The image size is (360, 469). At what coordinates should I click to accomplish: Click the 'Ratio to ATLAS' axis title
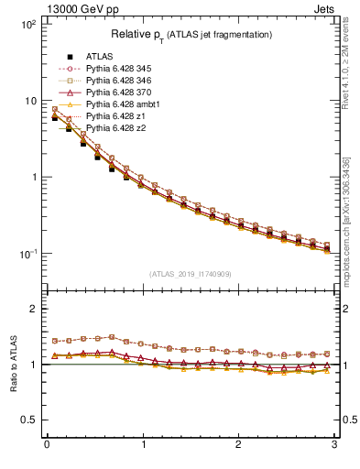13,364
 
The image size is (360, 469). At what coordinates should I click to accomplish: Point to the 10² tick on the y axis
27,25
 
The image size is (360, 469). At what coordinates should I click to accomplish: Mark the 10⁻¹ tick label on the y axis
27,254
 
